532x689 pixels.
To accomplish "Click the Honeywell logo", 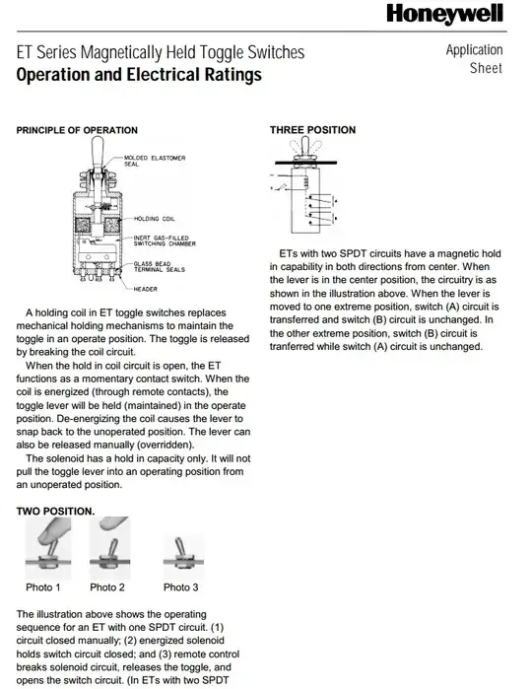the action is (x=444, y=14).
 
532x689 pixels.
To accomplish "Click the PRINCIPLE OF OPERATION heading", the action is (x=77, y=130).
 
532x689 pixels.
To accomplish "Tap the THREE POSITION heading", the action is (x=312, y=130).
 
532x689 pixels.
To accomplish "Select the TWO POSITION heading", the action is (x=55, y=512).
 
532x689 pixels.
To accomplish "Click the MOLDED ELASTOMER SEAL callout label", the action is (x=155, y=161).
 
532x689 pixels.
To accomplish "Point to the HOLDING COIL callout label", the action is (x=154, y=219).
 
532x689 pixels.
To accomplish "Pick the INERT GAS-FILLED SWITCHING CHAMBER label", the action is (x=165, y=241).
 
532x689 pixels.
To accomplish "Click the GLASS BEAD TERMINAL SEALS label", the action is (x=159, y=267).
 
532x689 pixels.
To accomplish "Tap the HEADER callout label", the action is (x=146, y=289).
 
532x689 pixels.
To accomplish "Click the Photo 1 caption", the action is (x=43, y=587).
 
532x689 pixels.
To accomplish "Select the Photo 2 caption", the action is (x=107, y=587).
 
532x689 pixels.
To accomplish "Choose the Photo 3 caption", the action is (x=180, y=587).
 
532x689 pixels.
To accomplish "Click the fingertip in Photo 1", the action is (x=47, y=532).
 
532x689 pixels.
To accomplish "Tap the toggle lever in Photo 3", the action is (x=179, y=547).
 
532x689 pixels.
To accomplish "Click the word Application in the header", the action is (x=475, y=50).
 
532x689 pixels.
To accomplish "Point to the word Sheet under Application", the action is (x=486, y=68).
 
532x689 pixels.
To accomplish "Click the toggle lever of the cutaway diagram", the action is (x=98, y=154).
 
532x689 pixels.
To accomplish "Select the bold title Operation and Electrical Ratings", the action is (x=139, y=75).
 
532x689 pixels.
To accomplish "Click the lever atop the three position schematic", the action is (x=305, y=146).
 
